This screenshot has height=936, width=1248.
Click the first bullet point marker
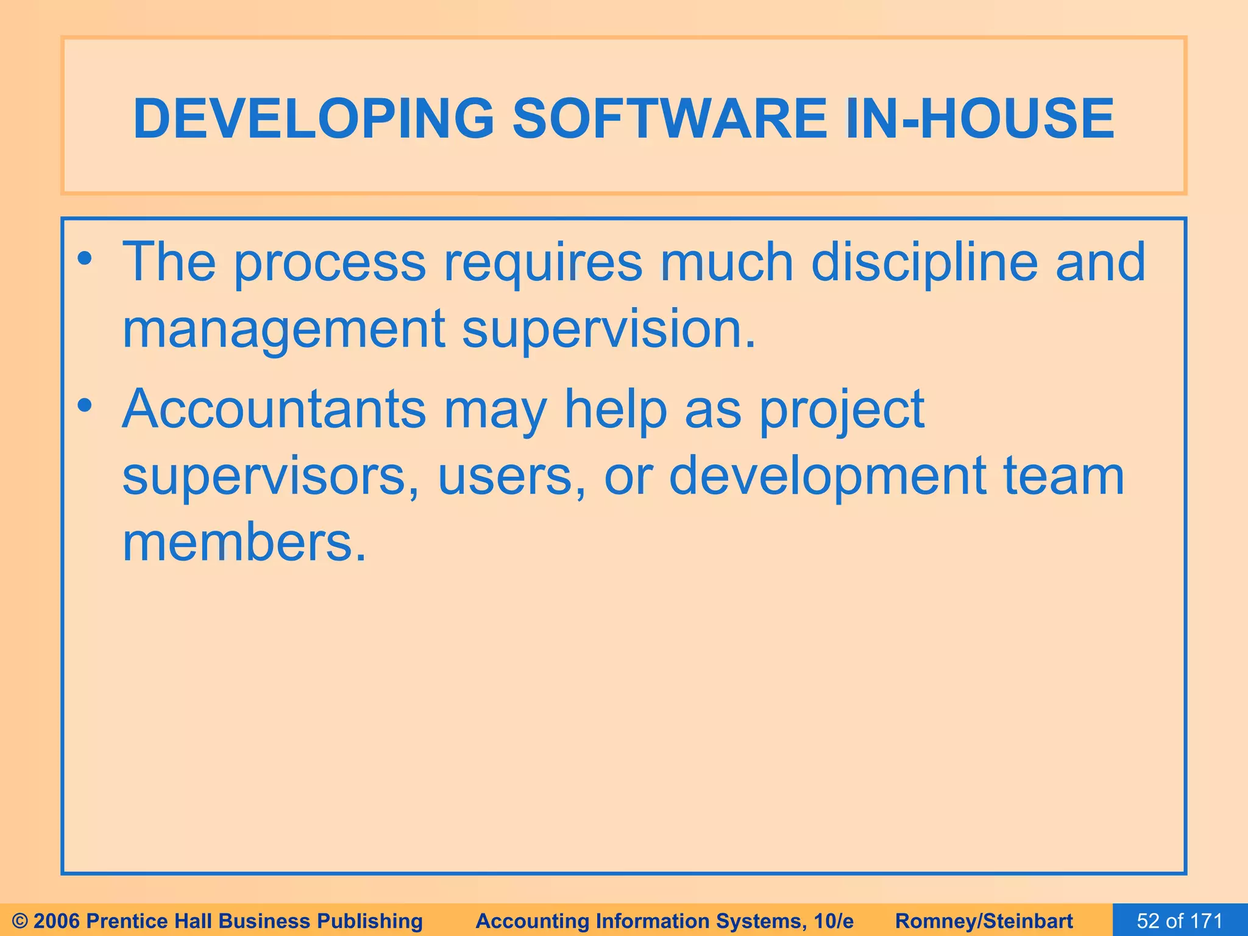click(85, 260)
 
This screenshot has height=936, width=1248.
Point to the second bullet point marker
click(85, 406)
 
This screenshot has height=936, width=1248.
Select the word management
click(284, 329)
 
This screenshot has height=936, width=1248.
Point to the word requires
click(542, 263)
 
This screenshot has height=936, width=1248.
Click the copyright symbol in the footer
click(20, 921)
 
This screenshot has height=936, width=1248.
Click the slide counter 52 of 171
click(1180, 921)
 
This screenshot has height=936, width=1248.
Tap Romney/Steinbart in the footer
click(984, 921)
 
